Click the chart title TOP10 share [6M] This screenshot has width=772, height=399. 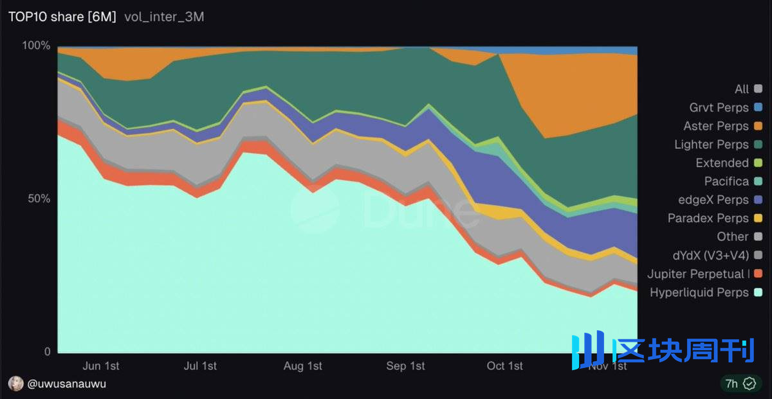(x=62, y=17)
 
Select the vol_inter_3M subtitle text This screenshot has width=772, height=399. (x=164, y=17)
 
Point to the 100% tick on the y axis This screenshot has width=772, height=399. (x=36, y=46)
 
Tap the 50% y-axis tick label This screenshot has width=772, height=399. (x=39, y=199)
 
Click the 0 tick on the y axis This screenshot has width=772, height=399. (x=46, y=351)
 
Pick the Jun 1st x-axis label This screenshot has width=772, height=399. (x=101, y=366)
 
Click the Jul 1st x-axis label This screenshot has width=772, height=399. (x=200, y=366)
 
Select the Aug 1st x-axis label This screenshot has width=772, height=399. (x=303, y=366)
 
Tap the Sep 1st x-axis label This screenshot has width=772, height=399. (x=405, y=366)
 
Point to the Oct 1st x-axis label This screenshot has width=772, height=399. (x=505, y=366)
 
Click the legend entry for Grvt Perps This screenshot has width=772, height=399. (x=719, y=107)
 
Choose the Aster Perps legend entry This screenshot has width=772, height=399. (x=716, y=126)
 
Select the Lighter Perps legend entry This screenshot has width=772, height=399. (x=712, y=145)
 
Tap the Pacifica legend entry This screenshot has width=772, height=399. (x=726, y=181)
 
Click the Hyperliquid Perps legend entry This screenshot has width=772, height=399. (x=699, y=292)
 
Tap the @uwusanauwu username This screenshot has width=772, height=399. (x=66, y=384)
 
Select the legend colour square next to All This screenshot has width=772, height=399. (x=758, y=89)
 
